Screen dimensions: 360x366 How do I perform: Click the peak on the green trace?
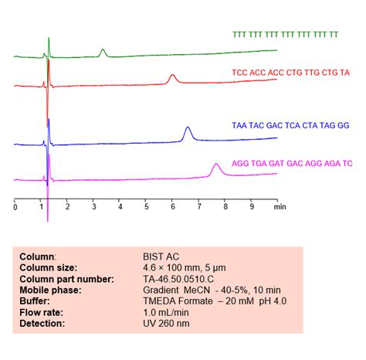tap(103, 51)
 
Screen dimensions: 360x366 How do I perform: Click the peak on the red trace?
tap(173, 76)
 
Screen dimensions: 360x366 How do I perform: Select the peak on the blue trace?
tap(188, 129)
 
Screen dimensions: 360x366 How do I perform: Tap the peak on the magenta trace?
tap(216, 165)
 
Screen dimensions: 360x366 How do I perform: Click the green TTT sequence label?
tap(285, 36)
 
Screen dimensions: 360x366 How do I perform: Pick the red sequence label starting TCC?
tap(290, 72)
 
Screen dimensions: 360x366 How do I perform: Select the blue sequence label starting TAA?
tap(290, 124)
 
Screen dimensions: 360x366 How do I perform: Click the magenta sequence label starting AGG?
tap(292, 164)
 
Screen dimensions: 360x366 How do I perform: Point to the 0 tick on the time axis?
tap(15, 207)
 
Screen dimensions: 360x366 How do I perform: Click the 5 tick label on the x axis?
tap(147, 207)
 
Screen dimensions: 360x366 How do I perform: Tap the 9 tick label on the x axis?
tap(252, 207)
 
